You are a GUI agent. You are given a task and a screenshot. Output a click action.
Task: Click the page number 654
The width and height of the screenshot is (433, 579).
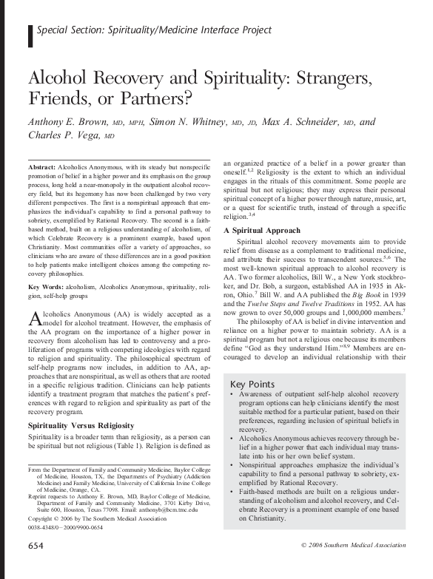36,566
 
